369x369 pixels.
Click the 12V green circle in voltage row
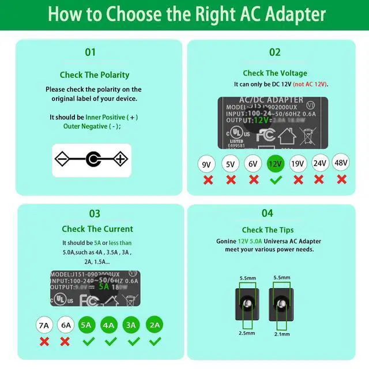(x=275, y=164)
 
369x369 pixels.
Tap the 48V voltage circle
(x=341, y=163)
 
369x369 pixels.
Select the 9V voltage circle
(x=207, y=164)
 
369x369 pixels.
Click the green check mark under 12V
(x=275, y=180)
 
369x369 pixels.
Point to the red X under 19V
(x=298, y=180)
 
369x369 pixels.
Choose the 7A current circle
(x=44, y=325)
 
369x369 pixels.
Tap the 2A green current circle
(x=155, y=325)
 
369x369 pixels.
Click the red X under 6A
(x=66, y=341)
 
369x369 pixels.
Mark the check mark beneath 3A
(x=133, y=341)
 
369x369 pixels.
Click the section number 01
(x=91, y=52)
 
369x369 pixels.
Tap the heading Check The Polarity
(x=95, y=75)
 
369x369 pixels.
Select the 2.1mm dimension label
(x=281, y=333)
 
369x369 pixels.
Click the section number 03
(x=94, y=213)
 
